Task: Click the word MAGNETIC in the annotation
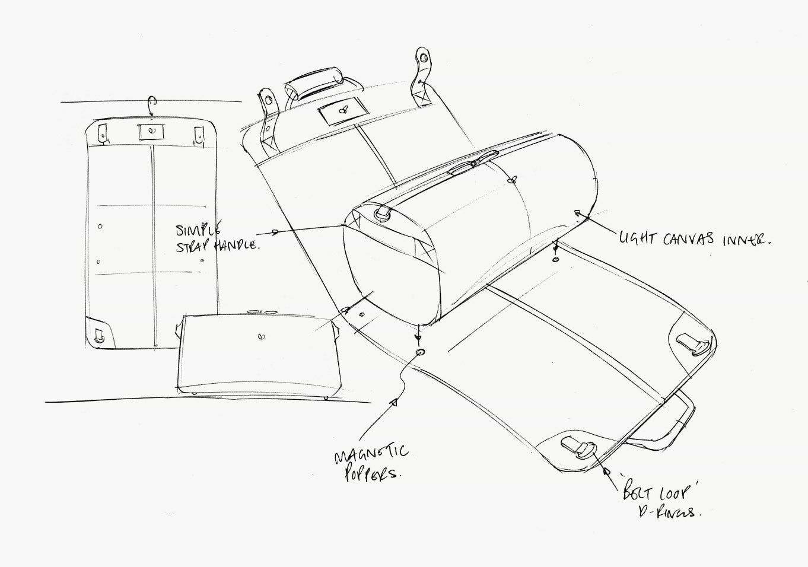tap(371, 455)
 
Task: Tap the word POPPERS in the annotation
tap(373, 474)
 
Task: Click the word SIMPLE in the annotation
tap(198, 230)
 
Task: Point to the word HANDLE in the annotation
tap(237, 244)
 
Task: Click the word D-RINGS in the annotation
tap(669, 511)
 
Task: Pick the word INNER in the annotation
tap(746, 240)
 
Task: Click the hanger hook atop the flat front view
tap(153, 106)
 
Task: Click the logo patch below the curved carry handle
tap(342, 110)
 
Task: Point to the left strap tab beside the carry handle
tap(268, 113)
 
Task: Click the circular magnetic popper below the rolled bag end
tap(421, 352)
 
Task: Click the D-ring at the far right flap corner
tap(695, 344)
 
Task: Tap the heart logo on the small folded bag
tap(262, 337)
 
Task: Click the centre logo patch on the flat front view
tap(149, 132)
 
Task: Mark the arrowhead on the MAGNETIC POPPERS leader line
tap(392, 403)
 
